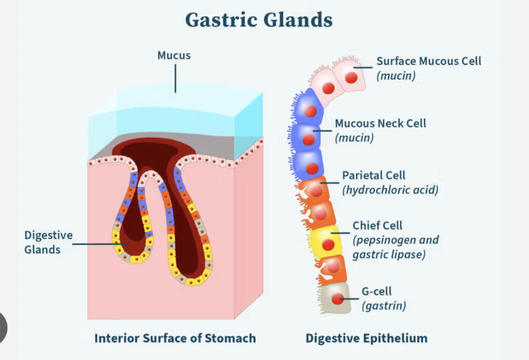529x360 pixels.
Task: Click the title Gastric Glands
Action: pos(259,20)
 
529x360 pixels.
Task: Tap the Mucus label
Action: pos(173,55)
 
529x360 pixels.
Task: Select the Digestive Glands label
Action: pos(48,242)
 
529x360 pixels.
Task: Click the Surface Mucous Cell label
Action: pos(428,61)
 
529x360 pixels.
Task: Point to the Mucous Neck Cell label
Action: pos(380,123)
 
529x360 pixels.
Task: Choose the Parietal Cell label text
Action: pos(374,175)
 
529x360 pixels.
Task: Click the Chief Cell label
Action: pos(377,226)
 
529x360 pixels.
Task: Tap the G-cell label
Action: pos(376,291)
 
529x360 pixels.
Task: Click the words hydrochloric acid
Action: pos(390,190)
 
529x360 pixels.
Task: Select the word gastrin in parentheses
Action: pos(384,306)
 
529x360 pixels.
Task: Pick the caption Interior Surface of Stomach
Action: pos(175,338)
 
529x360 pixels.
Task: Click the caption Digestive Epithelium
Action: pos(366,338)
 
